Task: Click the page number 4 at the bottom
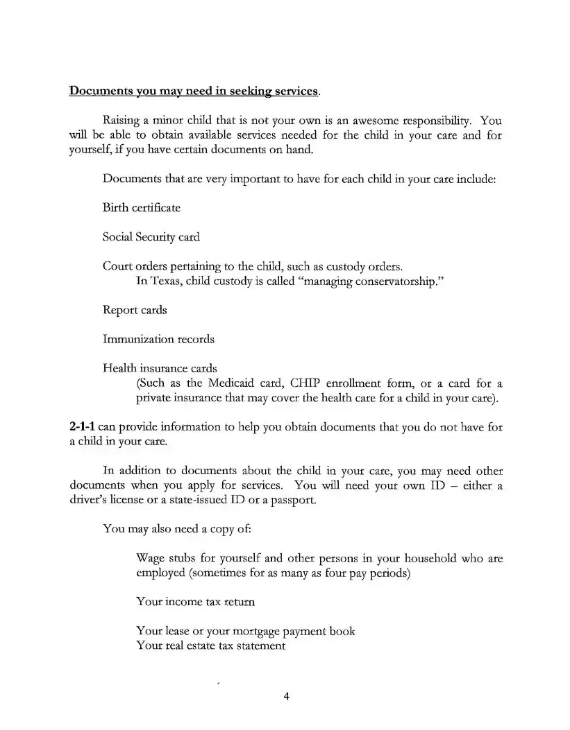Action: click(x=285, y=697)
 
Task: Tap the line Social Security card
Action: click(x=151, y=237)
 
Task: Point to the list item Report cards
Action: click(x=135, y=310)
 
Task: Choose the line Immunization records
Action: click(x=158, y=339)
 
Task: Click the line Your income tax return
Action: click(x=195, y=602)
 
